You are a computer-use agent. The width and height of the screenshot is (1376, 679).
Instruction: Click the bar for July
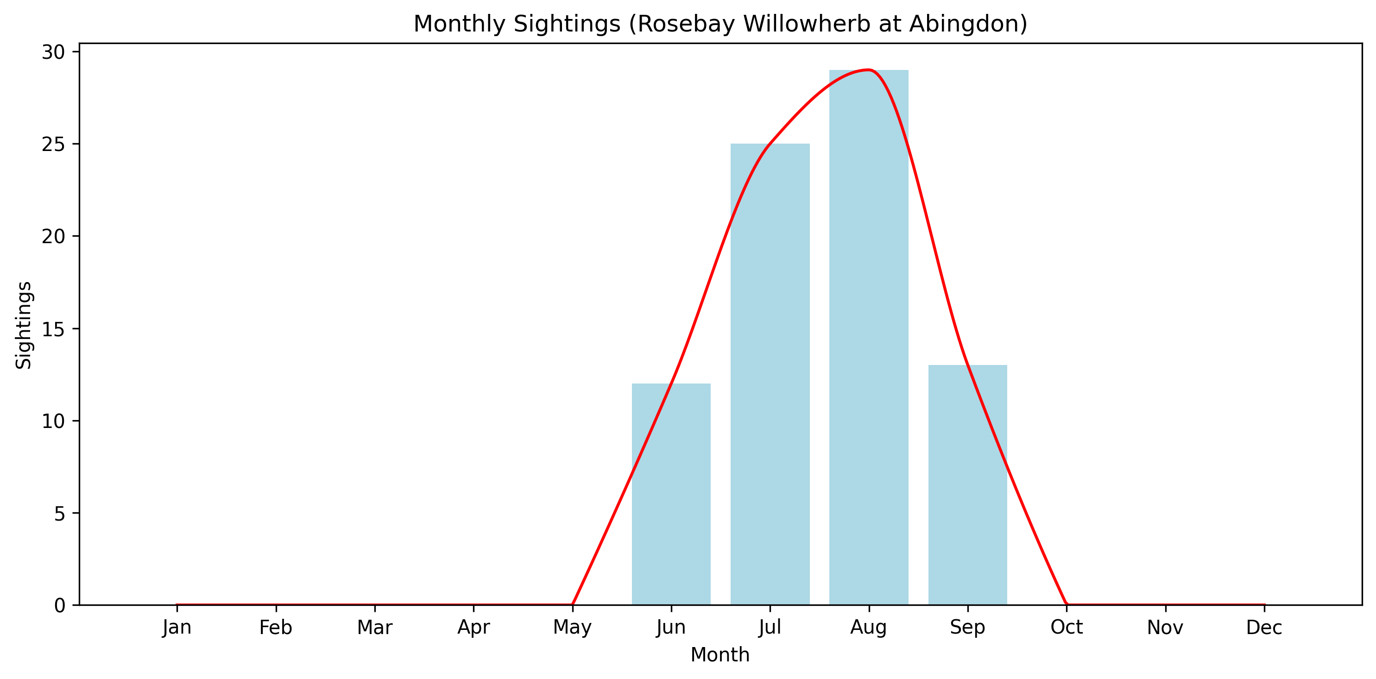[x=770, y=374]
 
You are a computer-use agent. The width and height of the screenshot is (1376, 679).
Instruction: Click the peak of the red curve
[x=869, y=70]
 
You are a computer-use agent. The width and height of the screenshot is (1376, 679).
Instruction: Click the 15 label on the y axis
[x=53, y=329]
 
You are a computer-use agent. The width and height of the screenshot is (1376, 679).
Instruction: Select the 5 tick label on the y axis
[x=59, y=514]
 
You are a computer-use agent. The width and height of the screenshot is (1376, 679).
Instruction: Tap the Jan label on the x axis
[x=177, y=628]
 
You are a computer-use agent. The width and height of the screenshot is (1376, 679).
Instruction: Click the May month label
[x=572, y=628]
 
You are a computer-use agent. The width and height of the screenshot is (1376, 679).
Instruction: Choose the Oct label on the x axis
[x=1066, y=628]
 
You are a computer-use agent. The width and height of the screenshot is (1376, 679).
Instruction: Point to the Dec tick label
[x=1264, y=628]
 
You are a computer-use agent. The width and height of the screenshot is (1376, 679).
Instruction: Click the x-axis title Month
[x=720, y=655]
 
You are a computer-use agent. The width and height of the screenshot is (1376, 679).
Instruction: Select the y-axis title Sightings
[x=24, y=325]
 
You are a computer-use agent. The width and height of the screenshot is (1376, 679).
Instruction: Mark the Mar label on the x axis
[x=374, y=628]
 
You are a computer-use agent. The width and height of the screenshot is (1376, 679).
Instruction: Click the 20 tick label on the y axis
[x=53, y=237]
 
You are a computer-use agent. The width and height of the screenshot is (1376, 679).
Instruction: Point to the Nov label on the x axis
[x=1165, y=628]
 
